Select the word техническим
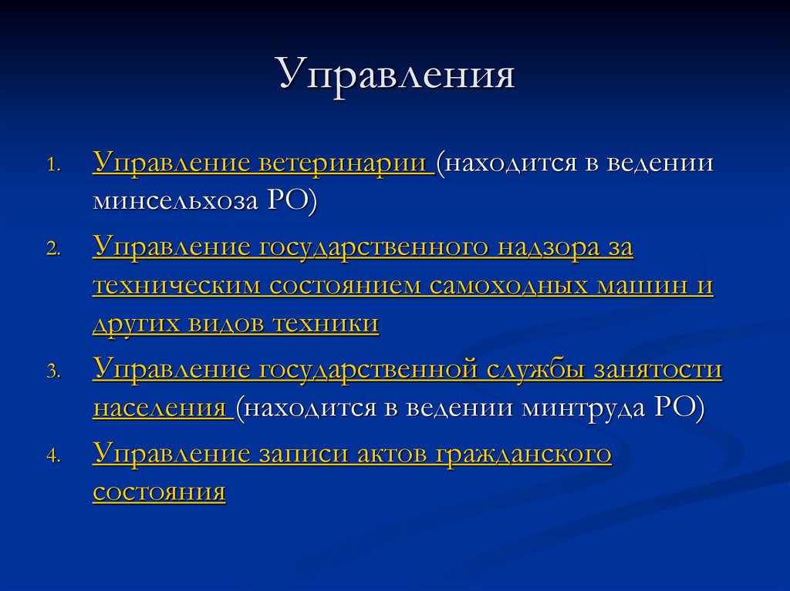[x=177, y=286]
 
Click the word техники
[x=325, y=324]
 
